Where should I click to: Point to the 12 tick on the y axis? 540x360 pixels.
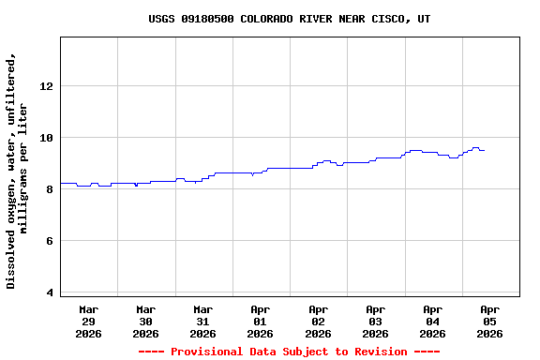(46, 86)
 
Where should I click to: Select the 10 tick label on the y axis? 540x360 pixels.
(46, 138)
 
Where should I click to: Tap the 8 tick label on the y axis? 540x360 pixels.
(49, 189)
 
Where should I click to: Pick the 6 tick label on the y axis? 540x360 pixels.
(49, 241)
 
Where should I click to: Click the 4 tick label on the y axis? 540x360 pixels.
(49, 292)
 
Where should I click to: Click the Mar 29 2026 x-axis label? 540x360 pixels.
(88, 321)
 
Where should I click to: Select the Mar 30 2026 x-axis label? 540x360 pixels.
(145, 321)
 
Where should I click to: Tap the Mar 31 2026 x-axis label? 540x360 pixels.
(202, 321)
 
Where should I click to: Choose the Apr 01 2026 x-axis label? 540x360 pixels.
(260, 321)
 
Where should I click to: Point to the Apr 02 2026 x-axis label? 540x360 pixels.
(318, 321)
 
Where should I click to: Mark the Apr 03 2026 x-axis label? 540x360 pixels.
(375, 321)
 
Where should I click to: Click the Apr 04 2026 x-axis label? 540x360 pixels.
(432, 321)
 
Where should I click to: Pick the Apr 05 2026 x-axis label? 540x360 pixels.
(489, 321)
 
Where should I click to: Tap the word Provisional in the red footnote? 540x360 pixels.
(209, 352)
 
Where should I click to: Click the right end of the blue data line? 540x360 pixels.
(484, 150)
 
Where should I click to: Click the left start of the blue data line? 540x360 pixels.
(62, 183)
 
